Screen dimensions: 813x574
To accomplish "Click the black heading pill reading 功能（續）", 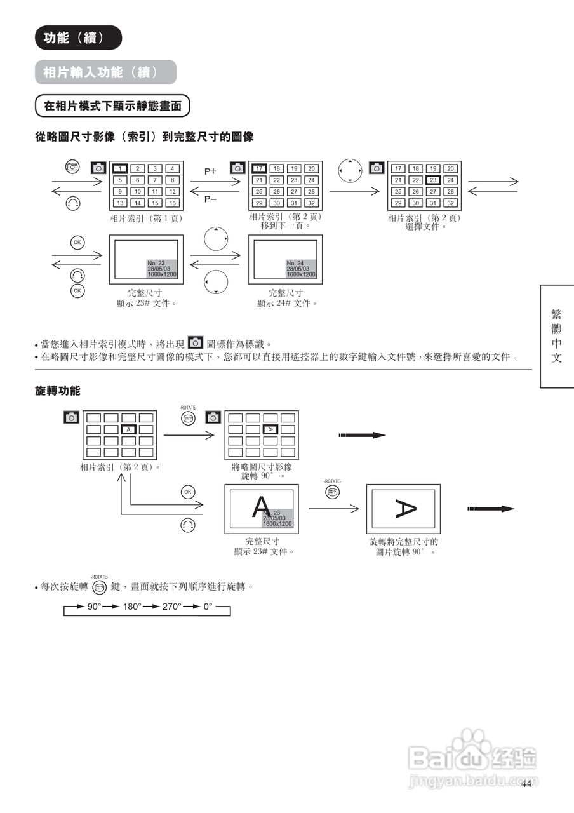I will pyautogui.click(x=77, y=38).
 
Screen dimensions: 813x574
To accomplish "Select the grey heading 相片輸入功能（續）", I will pyautogui.click(x=105, y=72).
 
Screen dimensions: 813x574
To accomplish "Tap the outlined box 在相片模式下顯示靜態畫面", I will pyautogui.click(x=112, y=105).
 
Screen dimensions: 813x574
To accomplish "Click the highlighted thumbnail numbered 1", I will pyautogui.click(x=120, y=169).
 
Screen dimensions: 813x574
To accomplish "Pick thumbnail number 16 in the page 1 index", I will pyautogui.click(x=172, y=203).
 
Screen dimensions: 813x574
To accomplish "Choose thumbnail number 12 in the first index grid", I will pyautogui.click(x=172, y=192).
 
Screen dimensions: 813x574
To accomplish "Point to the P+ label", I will pyautogui.click(x=211, y=171).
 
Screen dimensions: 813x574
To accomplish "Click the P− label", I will pyautogui.click(x=211, y=199).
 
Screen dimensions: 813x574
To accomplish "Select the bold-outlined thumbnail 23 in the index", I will pyautogui.click(x=433, y=180).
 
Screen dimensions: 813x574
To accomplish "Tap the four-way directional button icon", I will pyautogui.click(x=350, y=170).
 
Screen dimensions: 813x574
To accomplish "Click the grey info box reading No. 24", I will pyautogui.click(x=301, y=269).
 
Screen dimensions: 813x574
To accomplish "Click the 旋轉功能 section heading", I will pyautogui.click(x=58, y=390).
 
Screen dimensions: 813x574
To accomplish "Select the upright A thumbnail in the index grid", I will pyautogui.click(x=128, y=430).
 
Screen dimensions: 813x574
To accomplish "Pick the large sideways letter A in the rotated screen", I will pyautogui.click(x=404, y=508).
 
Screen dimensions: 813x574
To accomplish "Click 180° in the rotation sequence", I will pyautogui.click(x=132, y=607).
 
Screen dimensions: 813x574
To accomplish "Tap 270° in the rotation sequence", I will pyautogui.click(x=171, y=607).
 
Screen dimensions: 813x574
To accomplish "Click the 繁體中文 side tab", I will pyautogui.click(x=557, y=335).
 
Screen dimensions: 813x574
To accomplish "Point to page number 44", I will pyautogui.click(x=526, y=784).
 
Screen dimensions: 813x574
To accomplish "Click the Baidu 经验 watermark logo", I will pyautogui.click(x=473, y=756).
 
